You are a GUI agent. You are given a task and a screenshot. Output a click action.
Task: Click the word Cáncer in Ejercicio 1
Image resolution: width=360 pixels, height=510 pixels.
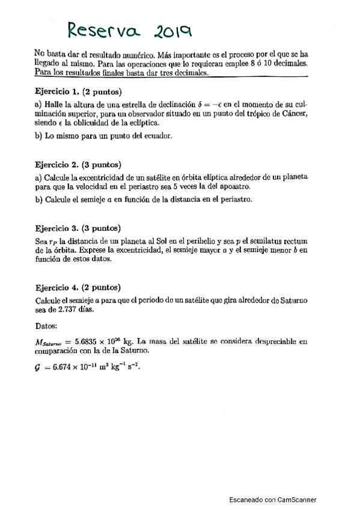tap(294, 114)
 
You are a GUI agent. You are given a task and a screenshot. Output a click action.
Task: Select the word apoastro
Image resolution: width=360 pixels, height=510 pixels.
tap(232, 187)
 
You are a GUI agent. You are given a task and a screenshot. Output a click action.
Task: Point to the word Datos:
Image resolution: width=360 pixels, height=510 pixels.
tap(46, 326)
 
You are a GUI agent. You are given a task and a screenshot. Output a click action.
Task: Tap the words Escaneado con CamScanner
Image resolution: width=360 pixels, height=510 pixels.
tap(273, 499)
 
